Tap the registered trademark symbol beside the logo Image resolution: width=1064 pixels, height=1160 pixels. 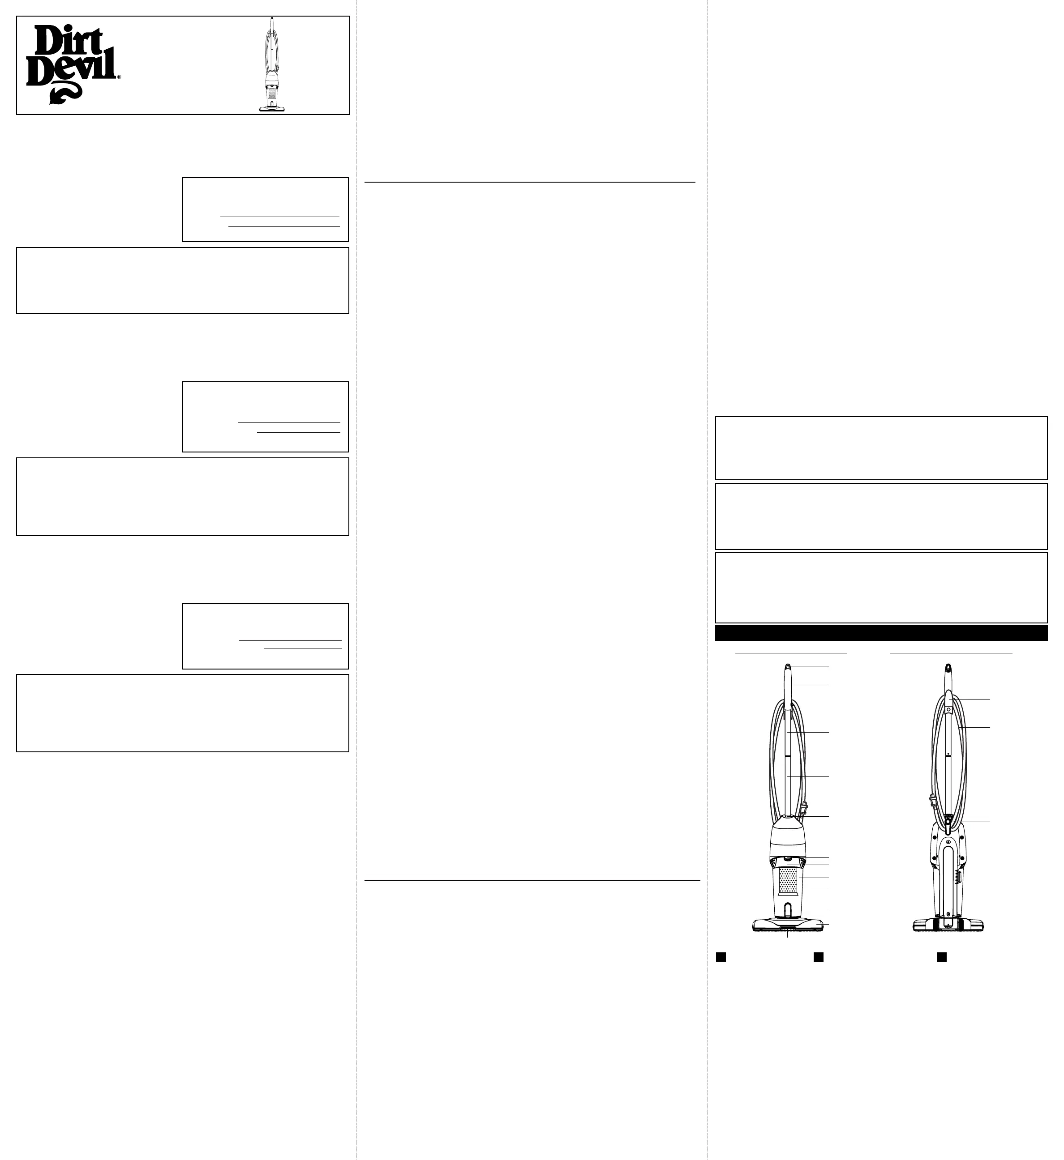[119, 77]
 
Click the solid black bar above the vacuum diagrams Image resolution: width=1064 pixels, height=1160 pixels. [881, 633]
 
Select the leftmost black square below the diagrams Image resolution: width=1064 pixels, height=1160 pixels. [720, 957]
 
